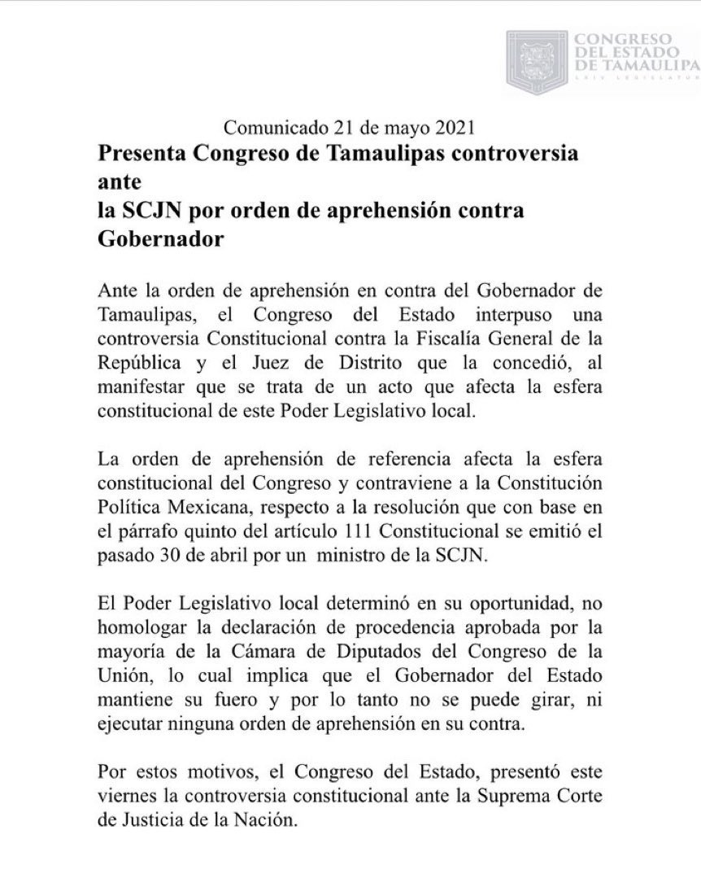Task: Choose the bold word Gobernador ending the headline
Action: pyautogui.click(x=151, y=238)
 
